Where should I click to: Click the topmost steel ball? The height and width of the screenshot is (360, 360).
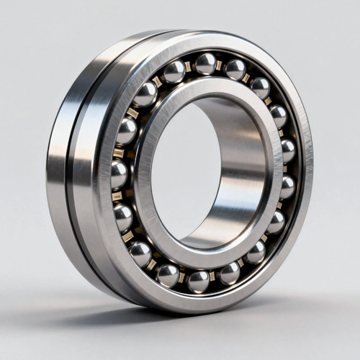click(206, 63)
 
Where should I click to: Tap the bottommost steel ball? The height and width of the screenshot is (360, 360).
click(198, 281)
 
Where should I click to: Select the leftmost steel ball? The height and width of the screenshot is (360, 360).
click(119, 174)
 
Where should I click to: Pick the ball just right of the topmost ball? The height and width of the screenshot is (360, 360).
click(235, 69)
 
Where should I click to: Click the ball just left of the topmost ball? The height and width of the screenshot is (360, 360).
click(174, 71)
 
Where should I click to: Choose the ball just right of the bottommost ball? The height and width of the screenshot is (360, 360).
click(230, 273)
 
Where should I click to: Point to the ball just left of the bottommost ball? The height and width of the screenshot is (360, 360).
click(168, 275)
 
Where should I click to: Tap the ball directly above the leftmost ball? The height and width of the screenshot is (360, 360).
click(126, 132)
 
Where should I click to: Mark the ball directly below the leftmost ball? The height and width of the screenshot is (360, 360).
click(123, 217)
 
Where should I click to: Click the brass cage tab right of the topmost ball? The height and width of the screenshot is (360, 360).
click(221, 65)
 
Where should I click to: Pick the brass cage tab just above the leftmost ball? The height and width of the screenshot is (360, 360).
click(119, 153)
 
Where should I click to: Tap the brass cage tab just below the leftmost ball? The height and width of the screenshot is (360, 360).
click(118, 196)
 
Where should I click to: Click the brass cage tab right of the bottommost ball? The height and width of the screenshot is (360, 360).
click(215, 277)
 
